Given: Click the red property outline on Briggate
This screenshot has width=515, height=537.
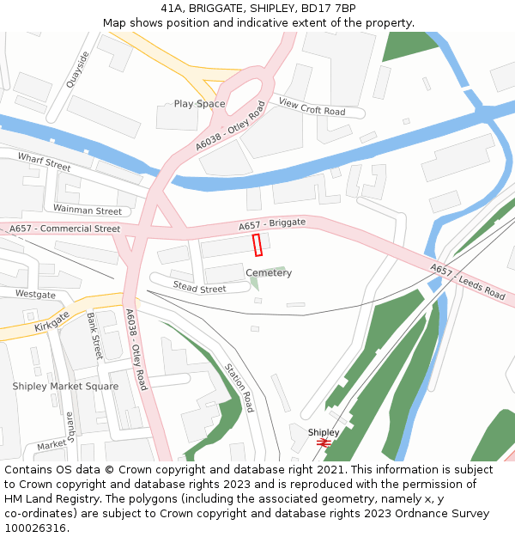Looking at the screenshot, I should [257, 245].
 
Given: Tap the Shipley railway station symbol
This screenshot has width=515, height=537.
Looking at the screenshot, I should [324, 442].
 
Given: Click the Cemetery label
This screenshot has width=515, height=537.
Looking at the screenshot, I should [269, 273].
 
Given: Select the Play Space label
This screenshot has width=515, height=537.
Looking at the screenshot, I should [199, 104].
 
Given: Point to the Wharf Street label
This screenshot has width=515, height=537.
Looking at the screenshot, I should [44, 162].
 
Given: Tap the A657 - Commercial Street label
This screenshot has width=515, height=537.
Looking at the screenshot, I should [64, 229].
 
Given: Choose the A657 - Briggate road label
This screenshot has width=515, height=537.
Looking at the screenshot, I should [271, 224].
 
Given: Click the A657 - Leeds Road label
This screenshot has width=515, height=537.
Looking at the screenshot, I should [468, 282].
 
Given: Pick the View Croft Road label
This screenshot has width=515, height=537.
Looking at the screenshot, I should [312, 107].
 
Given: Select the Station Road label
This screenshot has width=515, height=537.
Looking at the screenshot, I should [239, 387].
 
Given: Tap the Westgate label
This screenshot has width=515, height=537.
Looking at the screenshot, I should [35, 295].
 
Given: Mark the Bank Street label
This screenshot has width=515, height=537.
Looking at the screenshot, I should [94, 336].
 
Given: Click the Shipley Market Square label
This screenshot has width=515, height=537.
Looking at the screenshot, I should [65, 387].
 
